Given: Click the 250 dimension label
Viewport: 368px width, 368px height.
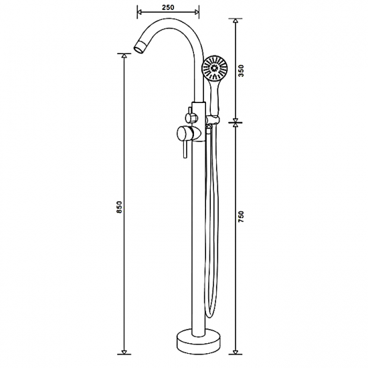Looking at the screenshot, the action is (168, 7).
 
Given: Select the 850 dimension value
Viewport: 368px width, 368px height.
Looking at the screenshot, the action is (120, 207).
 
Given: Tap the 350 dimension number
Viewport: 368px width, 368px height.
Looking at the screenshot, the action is (242, 71).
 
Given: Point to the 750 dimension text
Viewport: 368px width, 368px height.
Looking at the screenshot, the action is (242, 217).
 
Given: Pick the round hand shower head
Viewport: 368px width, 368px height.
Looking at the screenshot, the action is (215, 68).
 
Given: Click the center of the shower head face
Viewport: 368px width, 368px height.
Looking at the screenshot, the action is (214, 68).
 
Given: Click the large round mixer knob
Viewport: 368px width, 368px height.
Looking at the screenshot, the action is (183, 133).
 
